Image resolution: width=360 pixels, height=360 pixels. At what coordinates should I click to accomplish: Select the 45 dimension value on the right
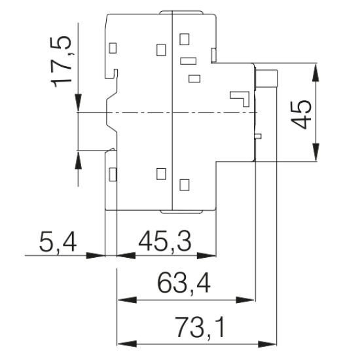point(301,115)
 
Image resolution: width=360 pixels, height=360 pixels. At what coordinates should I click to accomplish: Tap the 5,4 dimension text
point(58,242)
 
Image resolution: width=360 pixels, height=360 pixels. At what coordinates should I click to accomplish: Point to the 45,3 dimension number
point(164,242)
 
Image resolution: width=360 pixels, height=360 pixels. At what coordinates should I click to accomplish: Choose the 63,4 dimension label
point(184,283)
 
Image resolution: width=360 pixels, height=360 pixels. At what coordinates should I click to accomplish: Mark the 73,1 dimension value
point(200,327)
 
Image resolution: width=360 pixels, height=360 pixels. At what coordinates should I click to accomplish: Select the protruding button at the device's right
point(266,78)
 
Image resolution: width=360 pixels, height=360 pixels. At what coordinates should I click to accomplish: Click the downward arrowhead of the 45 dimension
point(316,152)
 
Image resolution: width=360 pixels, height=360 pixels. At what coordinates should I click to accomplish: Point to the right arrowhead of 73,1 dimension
point(267,344)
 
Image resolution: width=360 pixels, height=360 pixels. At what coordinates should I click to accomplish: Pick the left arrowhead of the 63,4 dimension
point(127,300)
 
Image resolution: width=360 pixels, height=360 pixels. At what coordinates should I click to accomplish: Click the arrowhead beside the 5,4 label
point(96,255)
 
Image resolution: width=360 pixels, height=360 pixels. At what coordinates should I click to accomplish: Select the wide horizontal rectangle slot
point(189,61)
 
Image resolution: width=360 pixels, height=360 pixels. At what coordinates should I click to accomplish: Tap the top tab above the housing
point(181,12)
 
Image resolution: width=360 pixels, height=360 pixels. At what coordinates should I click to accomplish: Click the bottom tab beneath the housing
point(181,211)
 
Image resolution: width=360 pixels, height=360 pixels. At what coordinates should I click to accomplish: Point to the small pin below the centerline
point(259,136)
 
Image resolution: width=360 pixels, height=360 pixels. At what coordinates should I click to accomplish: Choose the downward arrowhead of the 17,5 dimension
point(79,102)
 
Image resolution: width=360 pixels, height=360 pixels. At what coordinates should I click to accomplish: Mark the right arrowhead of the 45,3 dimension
point(207,255)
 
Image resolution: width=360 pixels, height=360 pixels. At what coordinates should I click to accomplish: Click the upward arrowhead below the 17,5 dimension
point(79,160)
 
